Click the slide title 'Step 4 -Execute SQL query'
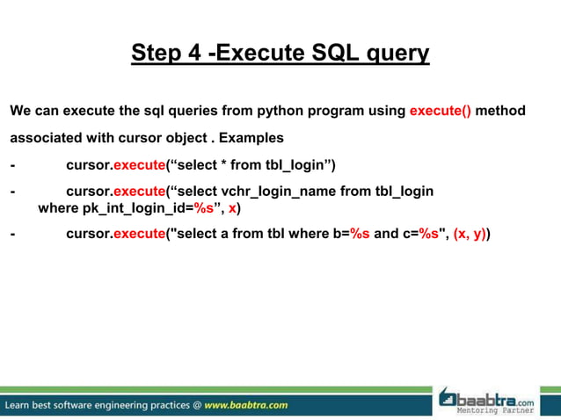pyautogui.click(x=280, y=54)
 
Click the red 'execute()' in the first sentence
pyautogui.click(x=441, y=111)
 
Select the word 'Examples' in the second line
pyautogui.click(x=251, y=138)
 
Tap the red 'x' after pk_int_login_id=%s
pyautogui.click(x=232, y=209)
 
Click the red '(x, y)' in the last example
pyautogui.click(x=470, y=235)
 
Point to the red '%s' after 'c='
pyautogui.click(x=428, y=235)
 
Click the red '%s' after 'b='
pyautogui.click(x=360, y=235)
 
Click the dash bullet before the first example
pyautogui.click(x=12, y=165)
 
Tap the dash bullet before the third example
pyautogui.click(x=12, y=235)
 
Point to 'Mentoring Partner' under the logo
pyautogui.click(x=502, y=411)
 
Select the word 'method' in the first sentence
pyautogui.click(x=500, y=111)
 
